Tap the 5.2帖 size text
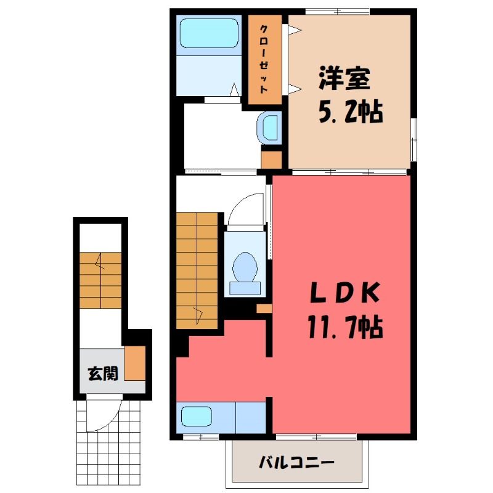point(351,112)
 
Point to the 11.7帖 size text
point(345,327)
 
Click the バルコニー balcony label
point(296,463)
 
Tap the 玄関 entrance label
point(103,373)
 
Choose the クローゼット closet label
point(264,59)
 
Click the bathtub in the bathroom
point(209,33)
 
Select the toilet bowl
point(245,268)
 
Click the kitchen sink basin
point(197,417)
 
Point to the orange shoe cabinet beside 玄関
point(135,363)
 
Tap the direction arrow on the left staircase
point(100,261)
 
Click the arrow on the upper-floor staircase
point(198,316)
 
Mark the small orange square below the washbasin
point(271,160)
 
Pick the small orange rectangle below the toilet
point(264,309)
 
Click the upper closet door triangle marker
point(295,30)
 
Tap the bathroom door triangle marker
point(235,89)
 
